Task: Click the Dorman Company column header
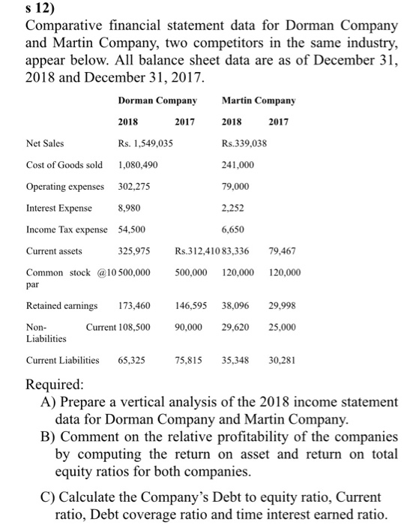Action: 157,100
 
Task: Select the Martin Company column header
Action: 259,100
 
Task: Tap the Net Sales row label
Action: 45,143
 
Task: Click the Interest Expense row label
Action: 59,208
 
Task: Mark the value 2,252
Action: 234,208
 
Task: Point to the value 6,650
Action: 234,229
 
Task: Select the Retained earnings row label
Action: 61,306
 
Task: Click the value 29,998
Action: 282,306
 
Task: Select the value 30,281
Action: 282,360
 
